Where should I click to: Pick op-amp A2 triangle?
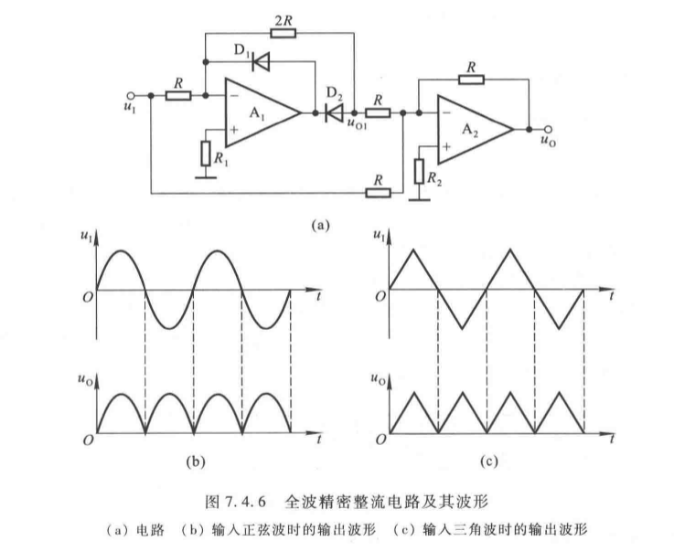(476, 128)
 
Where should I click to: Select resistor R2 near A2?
(422, 170)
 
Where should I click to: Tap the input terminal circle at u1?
(131, 95)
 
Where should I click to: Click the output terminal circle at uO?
(548, 129)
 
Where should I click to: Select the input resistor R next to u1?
(177, 95)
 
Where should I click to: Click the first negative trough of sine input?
(170, 326)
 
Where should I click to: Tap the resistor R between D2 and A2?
(380, 113)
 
